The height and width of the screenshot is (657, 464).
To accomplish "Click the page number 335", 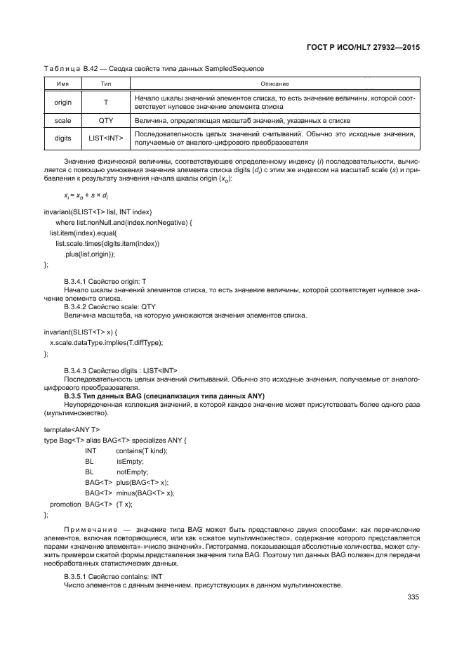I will (412, 598).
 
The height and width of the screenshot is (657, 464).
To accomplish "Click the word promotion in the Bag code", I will (63, 504).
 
